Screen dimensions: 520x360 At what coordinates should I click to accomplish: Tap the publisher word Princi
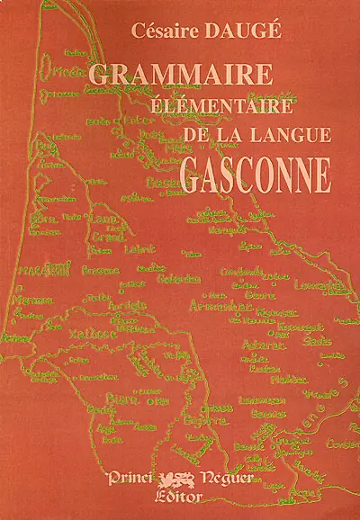click(138, 477)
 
